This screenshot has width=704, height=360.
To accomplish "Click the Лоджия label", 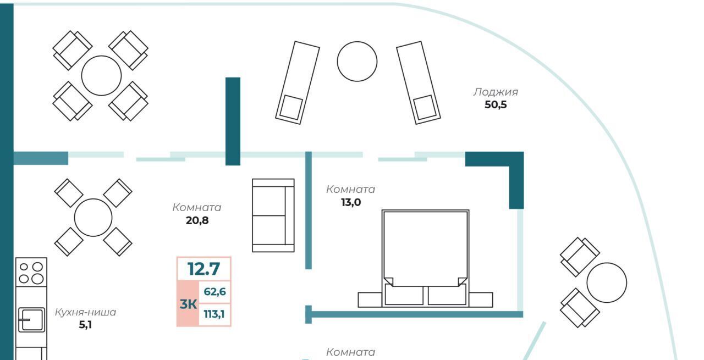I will (x=495, y=92).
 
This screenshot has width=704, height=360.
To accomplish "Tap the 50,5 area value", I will (x=495, y=104).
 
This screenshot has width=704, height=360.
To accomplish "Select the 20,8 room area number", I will (x=197, y=221).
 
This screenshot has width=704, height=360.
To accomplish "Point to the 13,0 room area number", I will (x=350, y=202).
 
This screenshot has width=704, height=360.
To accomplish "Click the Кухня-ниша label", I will (x=85, y=312).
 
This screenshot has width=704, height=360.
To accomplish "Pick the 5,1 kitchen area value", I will (x=85, y=325).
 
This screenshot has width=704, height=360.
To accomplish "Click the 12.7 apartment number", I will (x=204, y=269).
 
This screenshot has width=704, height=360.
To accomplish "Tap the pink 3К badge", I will (x=188, y=303).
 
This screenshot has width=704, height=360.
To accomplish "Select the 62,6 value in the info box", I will (x=215, y=292).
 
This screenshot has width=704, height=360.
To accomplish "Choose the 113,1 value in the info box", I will (x=215, y=315).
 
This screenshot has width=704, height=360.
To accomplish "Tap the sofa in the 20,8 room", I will (x=273, y=215).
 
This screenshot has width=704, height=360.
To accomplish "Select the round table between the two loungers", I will (x=357, y=62).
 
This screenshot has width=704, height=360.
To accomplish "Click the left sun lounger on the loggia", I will (x=298, y=82).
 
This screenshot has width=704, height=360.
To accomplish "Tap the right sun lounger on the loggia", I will (x=419, y=82).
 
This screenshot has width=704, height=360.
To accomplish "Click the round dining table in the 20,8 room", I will (x=93, y=218).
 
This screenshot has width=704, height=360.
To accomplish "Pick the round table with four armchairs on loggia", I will (x=101, y=75).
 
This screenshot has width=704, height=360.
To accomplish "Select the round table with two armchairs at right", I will (x=606, y=283).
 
